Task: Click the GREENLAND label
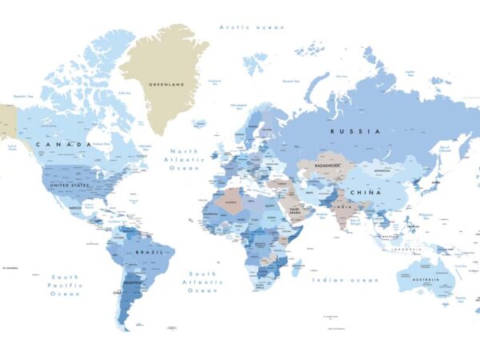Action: [x=166, y=84]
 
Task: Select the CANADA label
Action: [x=63, y=145]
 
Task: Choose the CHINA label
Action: [x=386, y=193]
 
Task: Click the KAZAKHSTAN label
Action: [x=326, y=165]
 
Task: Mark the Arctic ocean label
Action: [x=252, y=27]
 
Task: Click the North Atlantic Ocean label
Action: [x=187, y=160]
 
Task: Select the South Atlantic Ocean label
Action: [x=202, y=282]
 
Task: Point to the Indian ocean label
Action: [x=346, y=280]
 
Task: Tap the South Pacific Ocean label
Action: [x=66, y=285]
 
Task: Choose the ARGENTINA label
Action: [x=133, y=283]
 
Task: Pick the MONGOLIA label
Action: [x=381, y=170]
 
